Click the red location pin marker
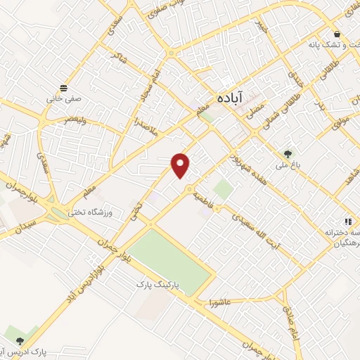181,165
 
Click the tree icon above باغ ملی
287,154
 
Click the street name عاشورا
221,302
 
